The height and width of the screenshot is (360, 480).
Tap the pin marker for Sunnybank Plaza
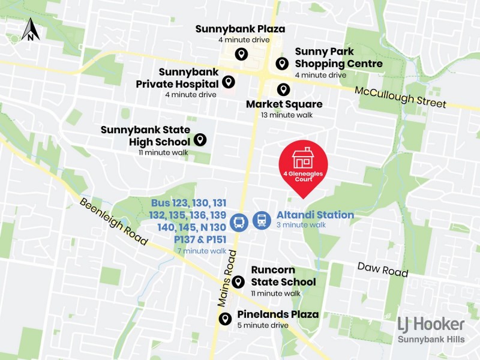[x=241, y=54]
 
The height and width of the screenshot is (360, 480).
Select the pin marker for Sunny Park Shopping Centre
[x=281, y=63]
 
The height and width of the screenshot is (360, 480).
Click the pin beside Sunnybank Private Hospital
[x=228, y=82]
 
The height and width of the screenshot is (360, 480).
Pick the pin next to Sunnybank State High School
[x=200, y=140]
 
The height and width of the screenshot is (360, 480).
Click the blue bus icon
[x=239, y=221]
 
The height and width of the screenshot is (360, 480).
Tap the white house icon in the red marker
[x=302, y=158]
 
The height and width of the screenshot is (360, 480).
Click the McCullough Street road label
[x=401, y=97]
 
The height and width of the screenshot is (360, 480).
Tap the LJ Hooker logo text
[x=431, y=324]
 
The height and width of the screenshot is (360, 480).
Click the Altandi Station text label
[x=315, y=215]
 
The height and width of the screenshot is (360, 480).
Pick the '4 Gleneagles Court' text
[x=302, y=176]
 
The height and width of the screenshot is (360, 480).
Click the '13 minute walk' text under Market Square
[x=284, y=115]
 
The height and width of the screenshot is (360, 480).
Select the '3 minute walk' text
[x=301, y=225]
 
